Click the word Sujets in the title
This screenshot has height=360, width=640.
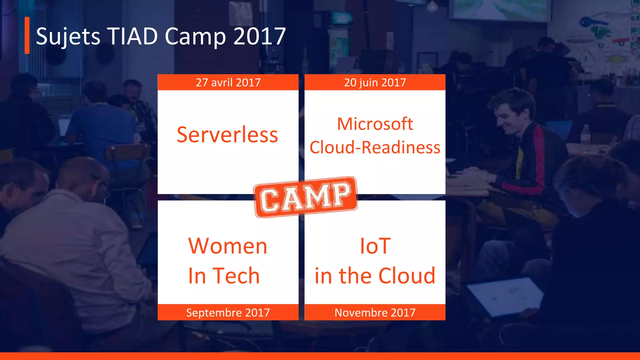coord(68,37)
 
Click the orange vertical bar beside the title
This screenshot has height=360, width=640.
coord(27,35)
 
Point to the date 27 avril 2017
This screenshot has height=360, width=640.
coord(228,82)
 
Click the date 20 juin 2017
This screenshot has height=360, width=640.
coord(375,82)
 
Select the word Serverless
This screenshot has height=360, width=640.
coord(227,135)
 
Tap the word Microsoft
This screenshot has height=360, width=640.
coord(375,124)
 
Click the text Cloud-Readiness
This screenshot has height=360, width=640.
coord(375,147)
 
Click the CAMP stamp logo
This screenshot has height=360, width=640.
coord(306,197)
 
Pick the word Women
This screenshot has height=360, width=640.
coord(227,246)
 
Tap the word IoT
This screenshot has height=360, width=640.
coord(375,246)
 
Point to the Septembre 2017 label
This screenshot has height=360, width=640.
coord(228,312)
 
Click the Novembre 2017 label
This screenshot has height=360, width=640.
coord(375,312)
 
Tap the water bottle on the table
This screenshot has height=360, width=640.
coord(586,135)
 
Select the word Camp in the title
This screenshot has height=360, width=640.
coord(195,37)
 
